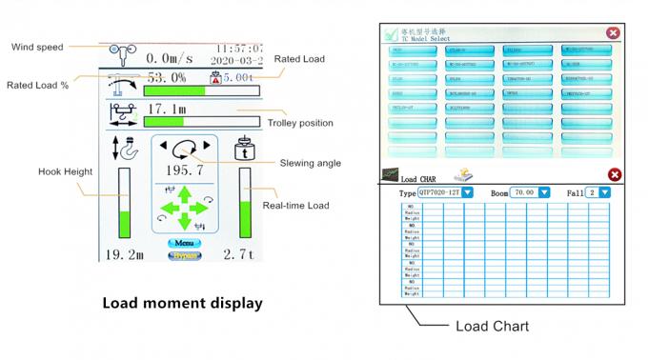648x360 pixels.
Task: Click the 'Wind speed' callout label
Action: click(x=37, y=48)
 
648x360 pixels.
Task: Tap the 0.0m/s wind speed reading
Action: click(x=170, y=58)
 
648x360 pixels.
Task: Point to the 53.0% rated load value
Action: click(x=166, y=78)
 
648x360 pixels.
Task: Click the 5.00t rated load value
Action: click(x=237, y=79)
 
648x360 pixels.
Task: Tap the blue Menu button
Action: click(x=184, y=244)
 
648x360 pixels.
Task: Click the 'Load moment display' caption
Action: click(x=181, y=303)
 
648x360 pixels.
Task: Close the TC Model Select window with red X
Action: click(x=612, y=33)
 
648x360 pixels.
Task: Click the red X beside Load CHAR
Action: click(x=615, y=174)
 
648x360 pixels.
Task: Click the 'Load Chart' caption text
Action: click(x=492, y=326)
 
